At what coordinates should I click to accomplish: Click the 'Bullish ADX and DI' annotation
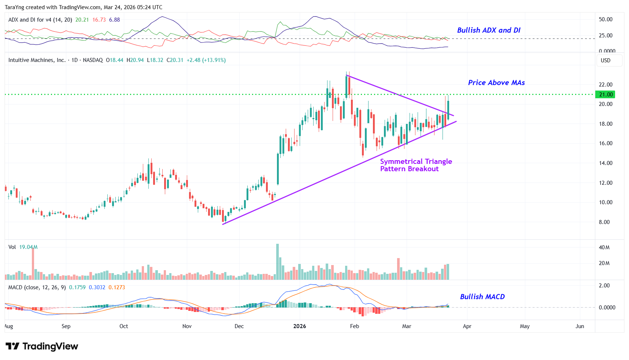click(x=488, y=30)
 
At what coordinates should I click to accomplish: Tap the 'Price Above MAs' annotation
click(x=496, y=83)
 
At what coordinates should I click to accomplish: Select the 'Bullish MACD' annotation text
click(x=482, y=297)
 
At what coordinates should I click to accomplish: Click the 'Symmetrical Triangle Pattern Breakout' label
click(x=416, y=165)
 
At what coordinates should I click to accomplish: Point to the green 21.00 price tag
click(x=606, y=95)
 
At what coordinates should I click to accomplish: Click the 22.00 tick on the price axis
click(x=606, y=85)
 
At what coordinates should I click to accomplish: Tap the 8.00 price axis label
click(x=604, y=222)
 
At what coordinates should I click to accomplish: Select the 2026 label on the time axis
click(x=299, y=326)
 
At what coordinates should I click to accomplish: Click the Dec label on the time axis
click(x=239, y=326)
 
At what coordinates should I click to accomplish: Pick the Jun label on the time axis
click(x=580, y=326)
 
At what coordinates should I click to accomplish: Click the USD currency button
click(x=606, y=60)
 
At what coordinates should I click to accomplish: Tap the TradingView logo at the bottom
click(x=42, y=346)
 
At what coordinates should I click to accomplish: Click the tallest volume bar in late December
click(x=277, y=262)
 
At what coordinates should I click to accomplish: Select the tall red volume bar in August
click(x=33, y=263)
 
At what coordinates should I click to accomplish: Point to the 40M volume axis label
click(x=604, y=247)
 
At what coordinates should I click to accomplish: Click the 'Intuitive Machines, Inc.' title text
click(x=37, y=60)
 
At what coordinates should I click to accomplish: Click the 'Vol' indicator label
click(x=12, y=247)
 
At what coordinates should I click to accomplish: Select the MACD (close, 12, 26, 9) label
click(x=37, y=287)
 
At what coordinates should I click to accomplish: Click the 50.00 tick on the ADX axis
click(x=606, y=19)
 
